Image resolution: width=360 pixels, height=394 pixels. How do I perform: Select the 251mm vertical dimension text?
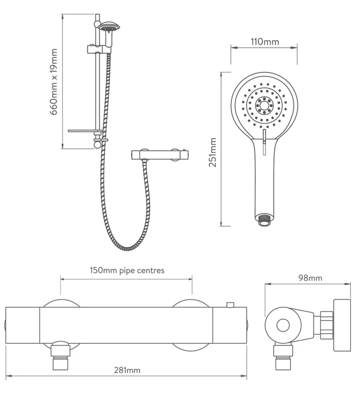pyautogui.click(x=213, y=152)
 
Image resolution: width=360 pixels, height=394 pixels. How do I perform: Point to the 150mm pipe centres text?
pyautogui.click(x=127, y=270)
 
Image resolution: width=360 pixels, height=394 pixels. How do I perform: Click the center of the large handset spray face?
pyautogui.click(x=264, y=105)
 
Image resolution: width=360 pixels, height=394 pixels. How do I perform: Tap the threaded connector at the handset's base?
pyautogui.click(x=264, y=220)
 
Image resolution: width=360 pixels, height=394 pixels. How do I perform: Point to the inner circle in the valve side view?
pyautogui.click(x=283, y=325)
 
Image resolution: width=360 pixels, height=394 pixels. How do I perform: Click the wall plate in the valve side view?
pyautogui.click(x=341, y=325)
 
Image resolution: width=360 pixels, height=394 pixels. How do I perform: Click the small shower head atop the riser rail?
pyautogui.click(x=109, y=27)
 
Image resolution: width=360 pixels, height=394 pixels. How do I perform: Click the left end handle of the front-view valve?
pyautogui.click(x=22, y=325)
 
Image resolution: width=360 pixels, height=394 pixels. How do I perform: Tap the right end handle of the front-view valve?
pyautogui.click(x=230, y=325)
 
